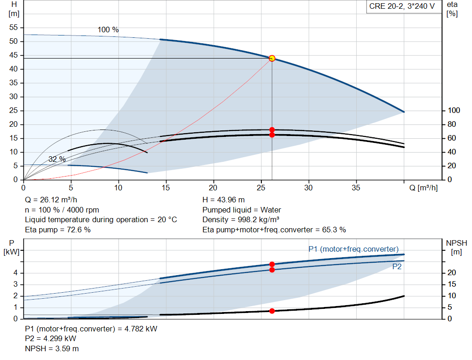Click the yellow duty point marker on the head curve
point(272,59)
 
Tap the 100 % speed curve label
point(108,30)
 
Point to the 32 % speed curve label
point(57,159)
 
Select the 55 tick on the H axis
point(13,27)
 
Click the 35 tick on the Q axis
point(356,188)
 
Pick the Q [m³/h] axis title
point(424,188)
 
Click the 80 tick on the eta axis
point(452,124)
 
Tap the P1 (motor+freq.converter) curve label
point(354,249)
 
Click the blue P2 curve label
point(397,267)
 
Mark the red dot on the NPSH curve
point(272,311)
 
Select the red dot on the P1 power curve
point(272,264)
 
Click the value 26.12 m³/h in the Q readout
point(59,200)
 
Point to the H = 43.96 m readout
point(224,200)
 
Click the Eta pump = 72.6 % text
point(58,230)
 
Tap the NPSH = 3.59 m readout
point(52,348)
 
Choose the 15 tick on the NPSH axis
point(452,284)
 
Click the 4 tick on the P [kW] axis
point(16,273)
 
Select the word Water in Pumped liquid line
point(271,210)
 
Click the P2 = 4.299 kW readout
point(51,339)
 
